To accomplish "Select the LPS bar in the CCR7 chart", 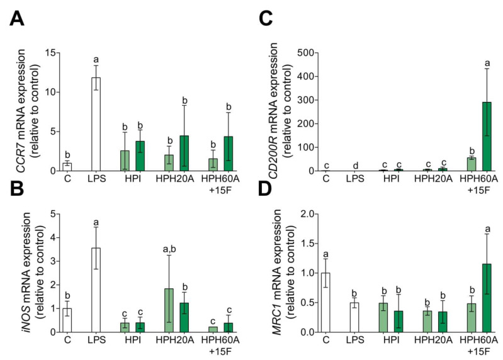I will pos(96,124).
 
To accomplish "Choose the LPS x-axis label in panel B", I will pos(96,343).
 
